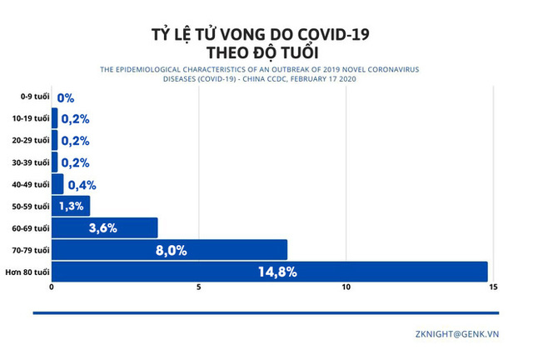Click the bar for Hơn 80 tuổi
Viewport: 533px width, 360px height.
pos(269,272)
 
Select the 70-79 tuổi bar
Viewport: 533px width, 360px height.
pos(169,250)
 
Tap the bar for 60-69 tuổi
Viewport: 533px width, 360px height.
pos(104,227)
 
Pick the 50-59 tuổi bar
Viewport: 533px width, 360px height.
pos(71,206)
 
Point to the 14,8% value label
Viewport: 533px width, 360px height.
pos(278,272)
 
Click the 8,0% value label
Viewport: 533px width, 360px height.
pos(171,250)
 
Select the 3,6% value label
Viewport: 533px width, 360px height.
pos(102,227)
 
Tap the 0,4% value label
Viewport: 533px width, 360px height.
pos(81,184)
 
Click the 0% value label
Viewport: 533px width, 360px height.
pos(66,97)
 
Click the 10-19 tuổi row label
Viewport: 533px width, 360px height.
pos(32,119)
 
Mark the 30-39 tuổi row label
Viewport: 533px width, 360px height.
pos(32,162)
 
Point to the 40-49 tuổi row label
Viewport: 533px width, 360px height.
pos(32,184)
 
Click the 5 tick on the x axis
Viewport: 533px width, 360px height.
pos(199,289)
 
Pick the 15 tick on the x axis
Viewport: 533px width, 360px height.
pos(493,289)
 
